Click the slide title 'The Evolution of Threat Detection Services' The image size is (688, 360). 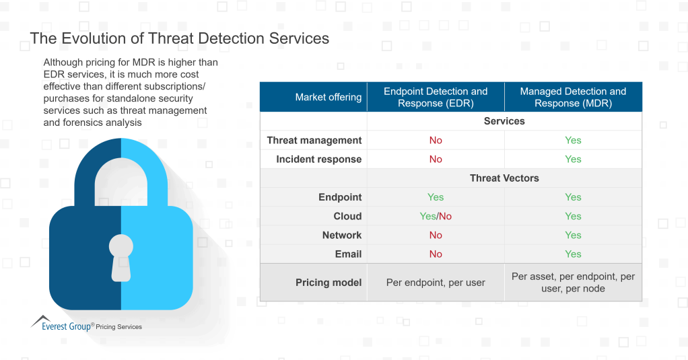click(x=180, y=38)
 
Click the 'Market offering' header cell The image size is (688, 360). click(x=328, y=97)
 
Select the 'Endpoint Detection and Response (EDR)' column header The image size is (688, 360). click(x=436, y=97)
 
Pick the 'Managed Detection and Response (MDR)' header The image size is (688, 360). click(x=573, y=97)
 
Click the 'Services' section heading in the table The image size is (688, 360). click(x=504, y=121)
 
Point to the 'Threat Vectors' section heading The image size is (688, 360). click(x=504, y=178)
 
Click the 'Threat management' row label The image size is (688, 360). click(x=314, y=140)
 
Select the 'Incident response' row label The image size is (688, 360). click(x=318, y=159)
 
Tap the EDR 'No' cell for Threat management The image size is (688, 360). click(x=436, y=140)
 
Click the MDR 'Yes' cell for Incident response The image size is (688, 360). click(x=573, y=159)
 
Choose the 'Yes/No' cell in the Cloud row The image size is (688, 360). click(x=436, y=216)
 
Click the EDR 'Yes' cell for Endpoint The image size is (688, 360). click(x=436, y=197)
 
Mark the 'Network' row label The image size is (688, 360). click(x=342, y=235)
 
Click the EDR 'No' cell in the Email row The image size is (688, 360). click(x=436, y=254)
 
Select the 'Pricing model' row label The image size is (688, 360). click(x=329, y=283)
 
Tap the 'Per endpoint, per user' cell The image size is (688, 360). click(x=436, y=283)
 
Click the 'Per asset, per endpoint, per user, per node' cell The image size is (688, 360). click(x=573, y=283)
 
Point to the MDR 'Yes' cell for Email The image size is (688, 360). click(x=573, y=254)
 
